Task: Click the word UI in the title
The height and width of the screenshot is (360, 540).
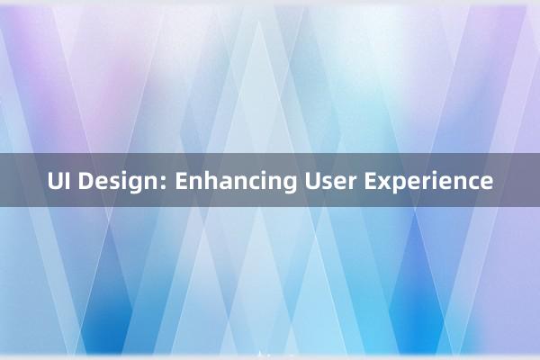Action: tap(58, 181)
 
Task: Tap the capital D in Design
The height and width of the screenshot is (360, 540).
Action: tap(86, 181)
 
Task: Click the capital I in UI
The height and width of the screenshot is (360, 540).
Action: tap(68, 181)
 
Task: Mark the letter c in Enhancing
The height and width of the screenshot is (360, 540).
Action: tap(246, 183)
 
